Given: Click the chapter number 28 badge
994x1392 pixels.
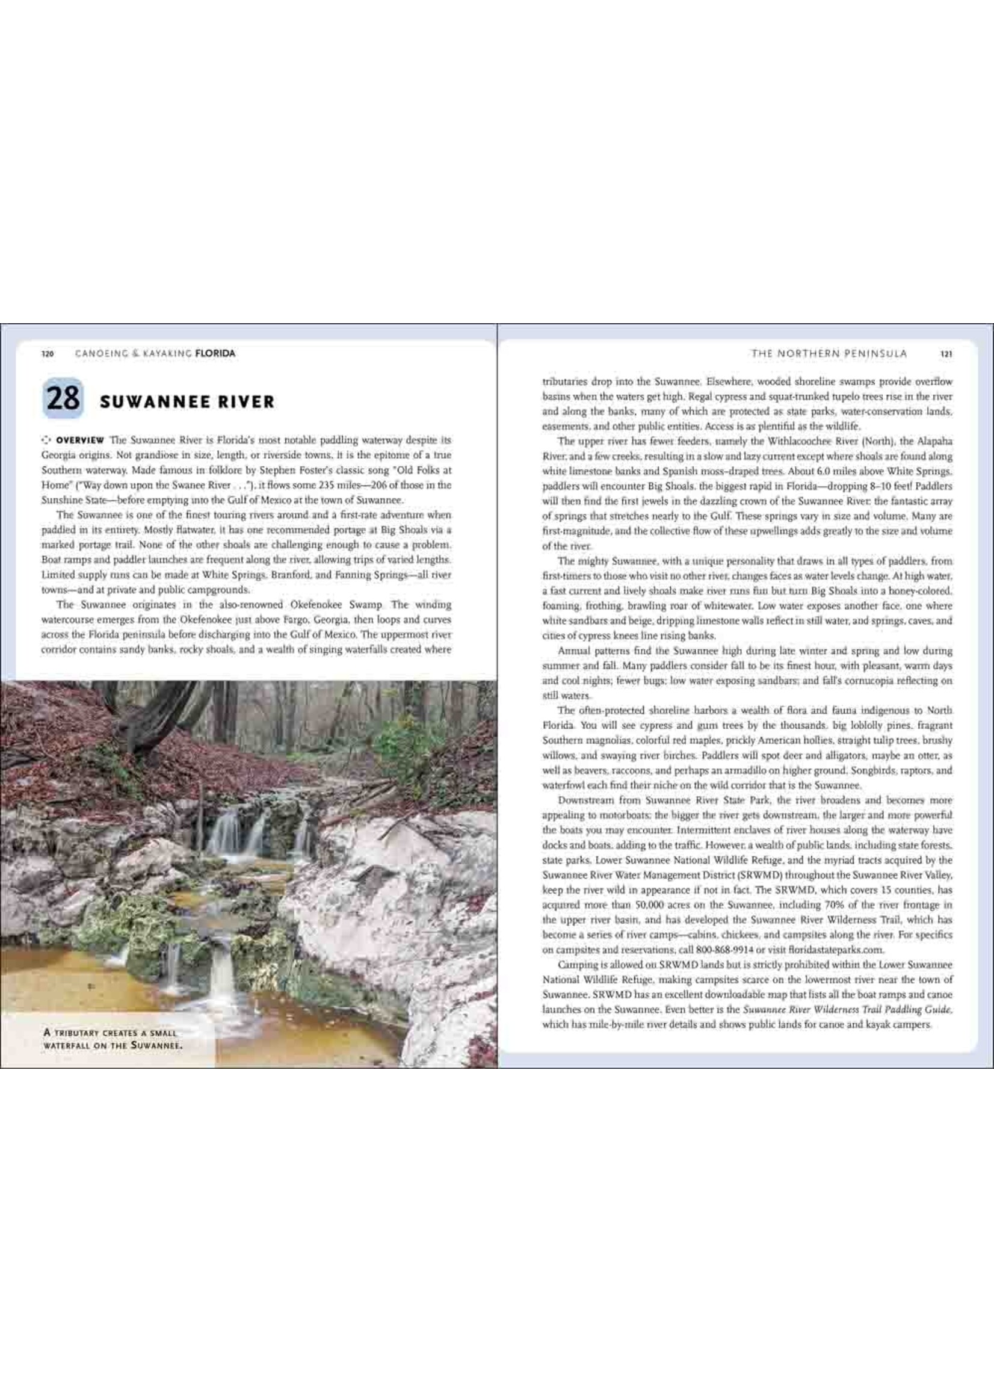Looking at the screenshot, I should coord(63,398).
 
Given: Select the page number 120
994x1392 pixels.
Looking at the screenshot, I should coord(48,353).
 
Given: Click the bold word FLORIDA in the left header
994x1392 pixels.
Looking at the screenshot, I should coord(215,353).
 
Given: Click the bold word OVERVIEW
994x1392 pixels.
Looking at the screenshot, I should coord(79,440).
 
